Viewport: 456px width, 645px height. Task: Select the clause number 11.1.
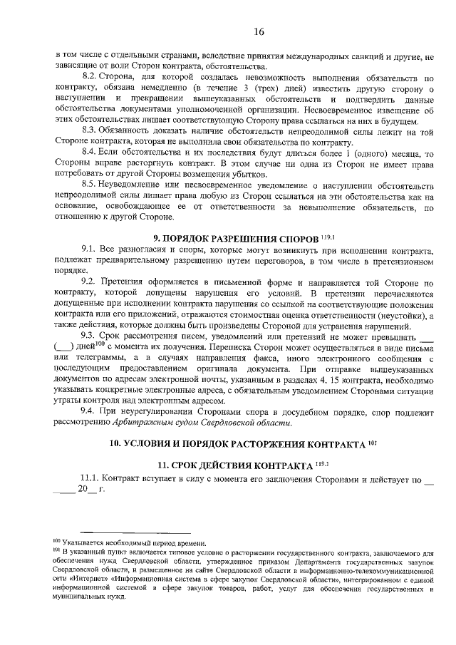tap(94, 479)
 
